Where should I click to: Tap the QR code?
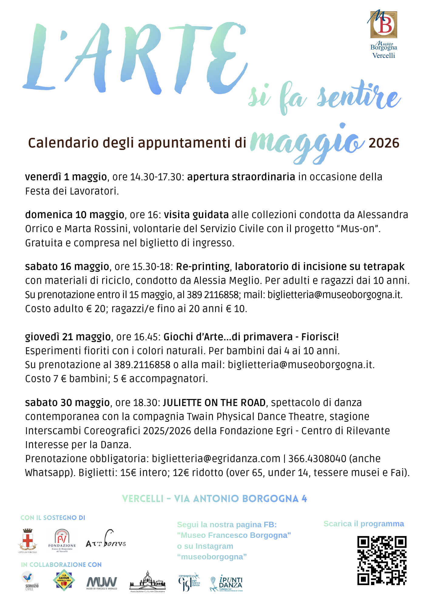point(382,561)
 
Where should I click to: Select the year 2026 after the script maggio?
point(384,143)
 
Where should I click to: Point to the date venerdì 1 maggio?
point(66,177)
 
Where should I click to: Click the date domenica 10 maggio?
point(75,215)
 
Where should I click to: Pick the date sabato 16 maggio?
point(67,266)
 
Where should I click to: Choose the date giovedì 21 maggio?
point(68,337)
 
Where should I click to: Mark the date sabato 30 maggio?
point(67,402)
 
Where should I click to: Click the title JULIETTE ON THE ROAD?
point(214,402)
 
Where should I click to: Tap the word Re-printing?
point(203,266)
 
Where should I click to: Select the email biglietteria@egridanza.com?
point(216,459)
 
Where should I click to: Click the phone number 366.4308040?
point(317,459)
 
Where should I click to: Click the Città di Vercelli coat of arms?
point(28,541)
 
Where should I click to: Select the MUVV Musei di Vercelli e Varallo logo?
point(102,583)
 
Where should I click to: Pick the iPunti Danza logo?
point(226,583)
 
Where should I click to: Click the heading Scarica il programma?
point(363,524)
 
